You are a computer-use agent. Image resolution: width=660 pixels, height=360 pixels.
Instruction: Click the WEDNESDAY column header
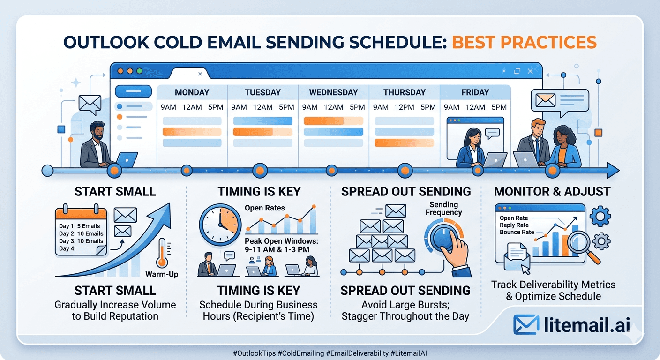coord(333,92)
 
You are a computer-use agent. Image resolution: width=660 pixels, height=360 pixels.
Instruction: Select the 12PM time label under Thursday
coord(404,107)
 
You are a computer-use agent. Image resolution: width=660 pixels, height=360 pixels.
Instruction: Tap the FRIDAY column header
coord(475,92)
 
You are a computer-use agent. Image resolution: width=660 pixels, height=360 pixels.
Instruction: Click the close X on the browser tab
coord(200,74)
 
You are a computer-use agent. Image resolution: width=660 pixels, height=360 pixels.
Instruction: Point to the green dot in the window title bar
coord(140,71)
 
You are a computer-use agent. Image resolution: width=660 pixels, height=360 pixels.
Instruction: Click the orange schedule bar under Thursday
coord(404,143)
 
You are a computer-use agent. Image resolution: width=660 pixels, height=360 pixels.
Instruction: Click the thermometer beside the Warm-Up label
coord(162,253)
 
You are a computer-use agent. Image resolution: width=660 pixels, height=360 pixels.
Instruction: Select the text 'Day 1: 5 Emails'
coord(79,226)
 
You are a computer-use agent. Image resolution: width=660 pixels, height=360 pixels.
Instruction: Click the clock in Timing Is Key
coord(220,225)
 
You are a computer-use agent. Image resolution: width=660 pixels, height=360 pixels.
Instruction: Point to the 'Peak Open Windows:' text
coord(281,241)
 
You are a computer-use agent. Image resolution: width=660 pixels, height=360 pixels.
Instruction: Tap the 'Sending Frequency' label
coord(443,208)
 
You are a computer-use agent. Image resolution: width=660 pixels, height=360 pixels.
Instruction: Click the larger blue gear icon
coord(600,217)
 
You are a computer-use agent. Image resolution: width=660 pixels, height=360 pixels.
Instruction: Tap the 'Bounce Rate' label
coord(517,232)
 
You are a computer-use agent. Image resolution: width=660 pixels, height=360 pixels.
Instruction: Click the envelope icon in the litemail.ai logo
coord(526,324)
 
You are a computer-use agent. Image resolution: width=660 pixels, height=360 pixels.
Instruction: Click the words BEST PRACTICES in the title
coord(524,42)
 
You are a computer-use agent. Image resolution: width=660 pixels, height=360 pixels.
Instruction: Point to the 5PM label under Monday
coord(216,107)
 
